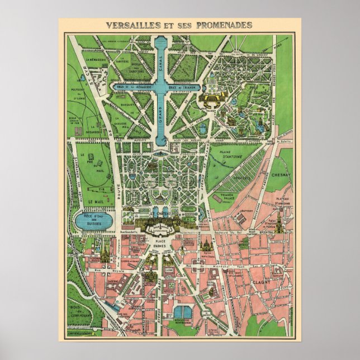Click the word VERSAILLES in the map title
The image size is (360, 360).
tap(127, 25)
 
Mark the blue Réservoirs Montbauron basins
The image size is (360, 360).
tap(182, 312)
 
